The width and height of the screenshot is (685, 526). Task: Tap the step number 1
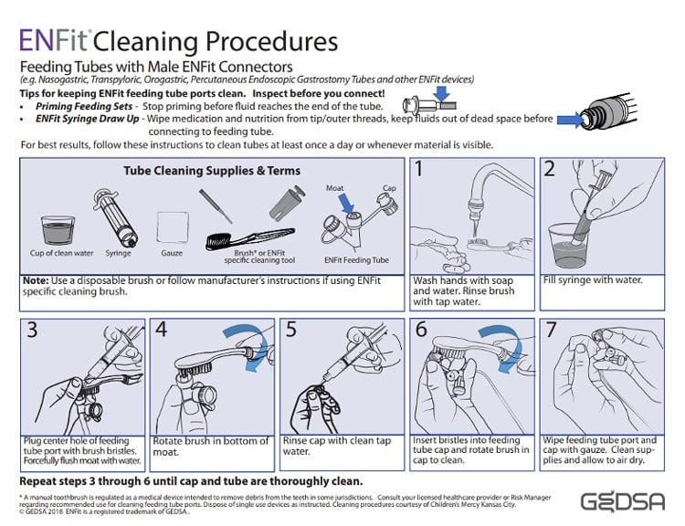tap(422, 168)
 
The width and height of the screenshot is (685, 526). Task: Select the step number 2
tap(550, 168)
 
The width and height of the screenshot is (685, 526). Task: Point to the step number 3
tap(32, 330)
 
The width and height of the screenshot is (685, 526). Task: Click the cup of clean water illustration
tap(58, 230)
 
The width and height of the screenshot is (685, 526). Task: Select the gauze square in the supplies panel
tap(172, 225)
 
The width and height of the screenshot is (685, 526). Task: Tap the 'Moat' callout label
tap(335, 187)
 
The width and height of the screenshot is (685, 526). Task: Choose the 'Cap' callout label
tap(387, 187)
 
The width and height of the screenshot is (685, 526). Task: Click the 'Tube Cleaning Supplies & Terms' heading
tap(211, 170)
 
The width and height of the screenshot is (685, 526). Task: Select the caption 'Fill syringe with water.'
tap(593, 279)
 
